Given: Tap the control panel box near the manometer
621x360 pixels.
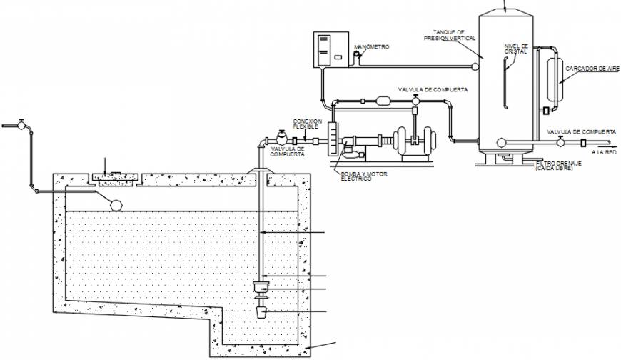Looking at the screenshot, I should point(331,49).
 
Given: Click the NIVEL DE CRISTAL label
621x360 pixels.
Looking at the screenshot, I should point(516,49).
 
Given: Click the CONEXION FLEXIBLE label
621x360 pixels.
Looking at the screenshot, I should point(308,123).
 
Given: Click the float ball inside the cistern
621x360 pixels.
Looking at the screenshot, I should point(115,203).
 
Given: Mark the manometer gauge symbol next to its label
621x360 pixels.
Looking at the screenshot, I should point(358,55).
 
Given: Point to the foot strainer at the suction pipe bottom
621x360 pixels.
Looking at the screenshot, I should point(261,312).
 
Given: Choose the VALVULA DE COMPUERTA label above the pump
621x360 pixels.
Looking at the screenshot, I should point(433,90).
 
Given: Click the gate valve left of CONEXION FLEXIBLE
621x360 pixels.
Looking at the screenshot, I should point(281,136).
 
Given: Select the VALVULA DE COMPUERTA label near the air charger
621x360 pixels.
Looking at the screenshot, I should point(581,132).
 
